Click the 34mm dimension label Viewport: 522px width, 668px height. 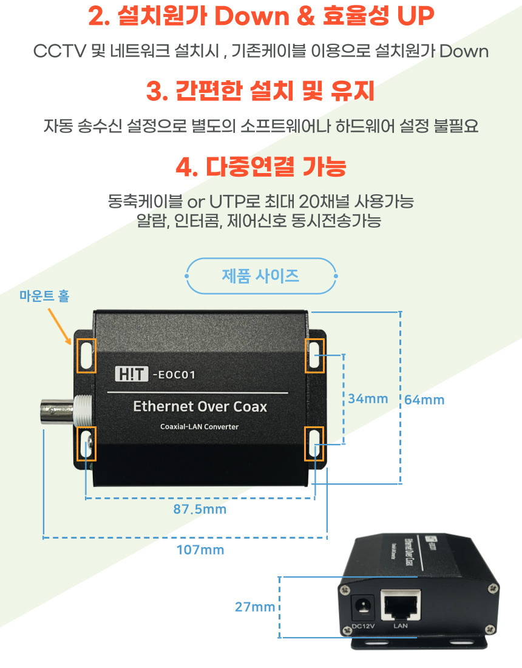(x=367, y=398)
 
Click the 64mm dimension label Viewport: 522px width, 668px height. (x=424, y=400)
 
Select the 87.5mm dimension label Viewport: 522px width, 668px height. (x=200, y=509)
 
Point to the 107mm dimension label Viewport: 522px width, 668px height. (x=200, y=550)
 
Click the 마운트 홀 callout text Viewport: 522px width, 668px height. (x=44, y=296)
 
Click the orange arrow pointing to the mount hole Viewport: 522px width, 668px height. (x=59, y=327)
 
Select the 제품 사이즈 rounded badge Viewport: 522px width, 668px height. (x=260, y=276)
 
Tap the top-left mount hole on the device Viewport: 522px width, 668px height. (x=86, y=355)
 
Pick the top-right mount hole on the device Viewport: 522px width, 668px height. (x=314, y=355)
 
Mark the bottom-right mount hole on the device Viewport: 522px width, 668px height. (x=314, y=443)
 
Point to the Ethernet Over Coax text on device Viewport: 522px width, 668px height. (x=200, y=406)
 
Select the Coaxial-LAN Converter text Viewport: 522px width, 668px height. (x=199, y=426)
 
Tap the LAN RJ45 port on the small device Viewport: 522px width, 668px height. (x=400, y=605)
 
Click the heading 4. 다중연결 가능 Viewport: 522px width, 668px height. (x=260, y=166)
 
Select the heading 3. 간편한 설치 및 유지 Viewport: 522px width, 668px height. (x=260, y=92)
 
